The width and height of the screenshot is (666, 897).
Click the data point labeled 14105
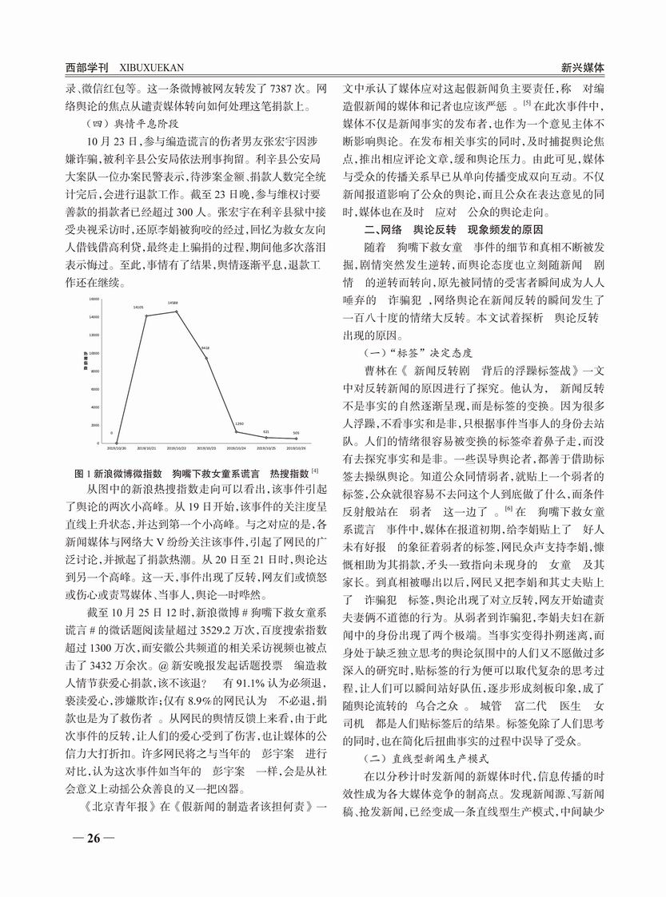click(x=146, y=316)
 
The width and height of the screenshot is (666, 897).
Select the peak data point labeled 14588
click(x=177, y=311)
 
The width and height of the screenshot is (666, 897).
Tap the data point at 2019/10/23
click(x=206, y=358)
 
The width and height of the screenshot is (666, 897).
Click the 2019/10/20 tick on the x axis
click(x=115, y=450)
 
